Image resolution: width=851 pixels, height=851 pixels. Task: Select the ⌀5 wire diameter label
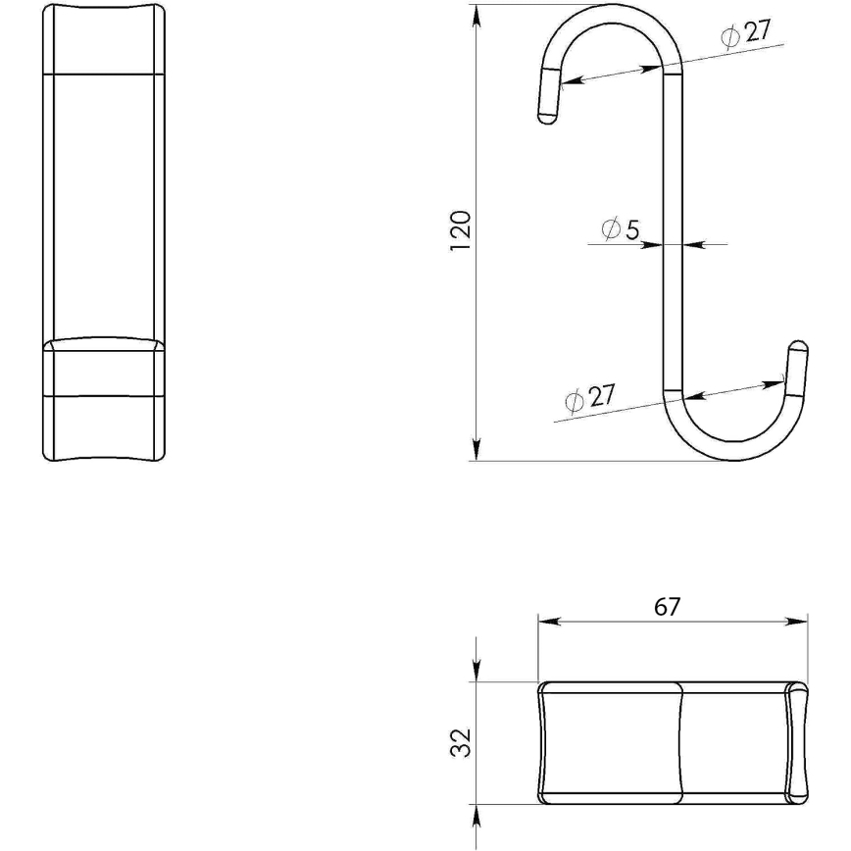(620, 230)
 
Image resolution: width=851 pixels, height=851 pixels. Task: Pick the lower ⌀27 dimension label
(589, 397)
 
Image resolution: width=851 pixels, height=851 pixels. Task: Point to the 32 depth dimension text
(463, 742)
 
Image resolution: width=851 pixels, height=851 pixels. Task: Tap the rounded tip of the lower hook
(798, 346)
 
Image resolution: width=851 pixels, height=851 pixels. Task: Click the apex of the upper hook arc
(616, 7)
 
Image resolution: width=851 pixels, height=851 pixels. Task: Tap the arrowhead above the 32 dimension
(476, 671)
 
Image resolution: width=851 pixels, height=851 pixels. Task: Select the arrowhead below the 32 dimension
(476, 818)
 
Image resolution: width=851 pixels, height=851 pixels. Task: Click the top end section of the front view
(104, 39)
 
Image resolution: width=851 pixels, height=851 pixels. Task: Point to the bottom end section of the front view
(104, 427)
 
